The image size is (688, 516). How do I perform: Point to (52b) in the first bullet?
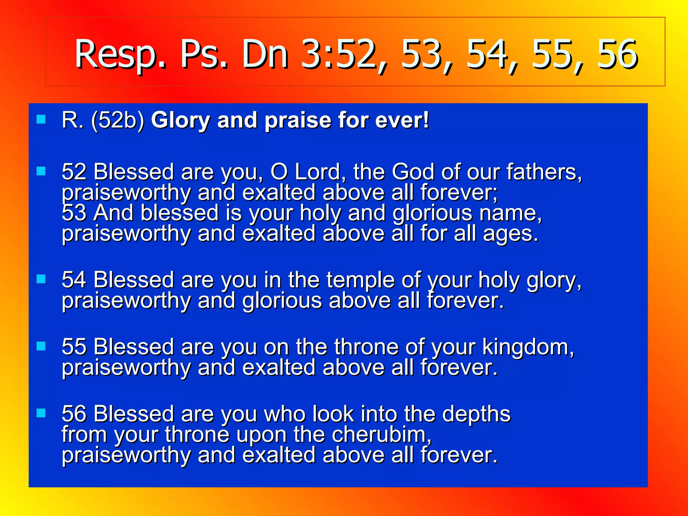[x=118, y=120]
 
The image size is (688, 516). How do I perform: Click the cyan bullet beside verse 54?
[x=41, y=279]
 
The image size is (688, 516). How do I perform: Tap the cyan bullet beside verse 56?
[x=41, y=413]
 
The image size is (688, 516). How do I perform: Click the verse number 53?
[x=74, y=213]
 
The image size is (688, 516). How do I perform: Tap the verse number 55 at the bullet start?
[x=74, y=347]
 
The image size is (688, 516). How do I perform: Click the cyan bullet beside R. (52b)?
[x=41, y=119]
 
